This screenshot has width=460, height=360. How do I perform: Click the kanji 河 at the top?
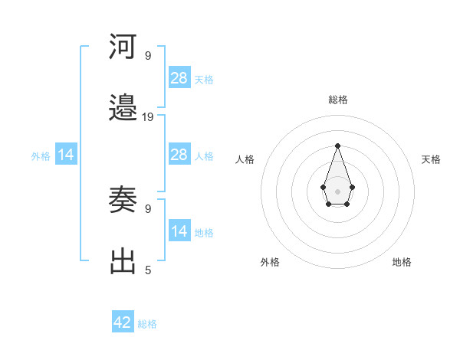[123, 47]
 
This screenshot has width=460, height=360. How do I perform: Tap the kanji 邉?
[123, 109]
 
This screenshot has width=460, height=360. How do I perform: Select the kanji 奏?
[123, 200]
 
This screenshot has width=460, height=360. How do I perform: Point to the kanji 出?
[123, 262]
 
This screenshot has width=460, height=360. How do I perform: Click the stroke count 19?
[148, 117]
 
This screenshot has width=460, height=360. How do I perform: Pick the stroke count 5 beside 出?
[148, 270]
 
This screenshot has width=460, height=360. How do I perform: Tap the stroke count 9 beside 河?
[148, 56]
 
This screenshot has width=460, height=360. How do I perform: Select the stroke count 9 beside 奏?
[148, 208]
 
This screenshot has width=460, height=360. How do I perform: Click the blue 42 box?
[123, 322]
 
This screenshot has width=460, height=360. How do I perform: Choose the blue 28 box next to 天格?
[179, 78]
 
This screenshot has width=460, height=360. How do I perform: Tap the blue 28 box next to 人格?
[179, 155]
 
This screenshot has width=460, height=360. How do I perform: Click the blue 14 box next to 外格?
[66, 155]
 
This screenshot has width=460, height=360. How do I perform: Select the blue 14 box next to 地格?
[179, 231]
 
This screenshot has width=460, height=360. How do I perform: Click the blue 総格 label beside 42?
[147, 324]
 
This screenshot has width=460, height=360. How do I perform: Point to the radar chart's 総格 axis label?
[337, 100]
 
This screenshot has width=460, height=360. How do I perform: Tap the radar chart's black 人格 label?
[245, 159]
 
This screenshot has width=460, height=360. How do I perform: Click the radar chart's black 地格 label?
[402, 262]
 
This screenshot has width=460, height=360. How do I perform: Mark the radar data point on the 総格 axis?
[337, 146]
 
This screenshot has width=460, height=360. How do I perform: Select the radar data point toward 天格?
[352, 187]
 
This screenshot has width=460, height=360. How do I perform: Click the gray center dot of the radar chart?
[337, 191]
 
